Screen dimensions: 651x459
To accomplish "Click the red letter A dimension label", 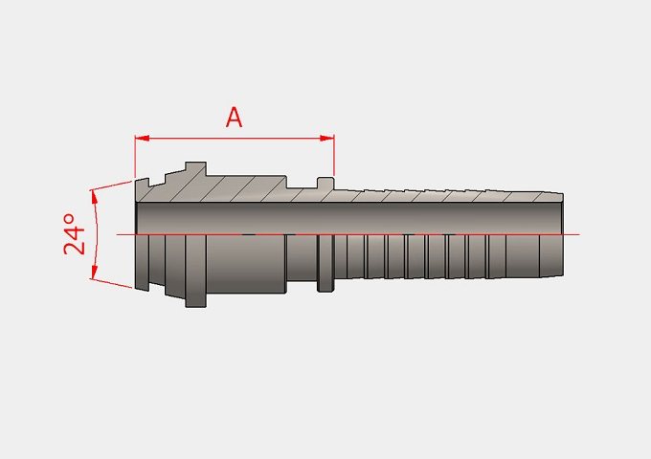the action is (x=234, y=118).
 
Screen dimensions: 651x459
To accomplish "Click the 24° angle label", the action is (x=75, y=234).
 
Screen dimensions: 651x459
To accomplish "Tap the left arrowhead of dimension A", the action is (x=142, y=138).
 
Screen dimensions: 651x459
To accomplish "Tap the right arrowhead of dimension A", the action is (x=327, y=138).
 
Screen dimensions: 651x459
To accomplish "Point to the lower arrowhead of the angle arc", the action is (x=94, y=272).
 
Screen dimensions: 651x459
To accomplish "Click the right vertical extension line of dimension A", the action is (x=334, y=155).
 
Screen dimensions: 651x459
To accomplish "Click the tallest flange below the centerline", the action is (x=195, y=272).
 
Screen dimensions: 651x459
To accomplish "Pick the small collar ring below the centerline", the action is (x=325, y=263).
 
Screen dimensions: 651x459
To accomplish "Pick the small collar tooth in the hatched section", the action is (x=325, y=184).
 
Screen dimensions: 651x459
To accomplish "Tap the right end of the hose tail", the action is (x=563, y=234).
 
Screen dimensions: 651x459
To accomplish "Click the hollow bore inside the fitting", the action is (x=349, y=218).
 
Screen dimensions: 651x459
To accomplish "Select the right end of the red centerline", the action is (x=579, y=234).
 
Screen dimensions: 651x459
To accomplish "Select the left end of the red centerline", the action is (x=117, y=234).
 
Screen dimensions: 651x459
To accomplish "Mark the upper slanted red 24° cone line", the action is (x=111, y=186).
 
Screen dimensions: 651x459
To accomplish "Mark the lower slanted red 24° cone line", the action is (x=111, y=283).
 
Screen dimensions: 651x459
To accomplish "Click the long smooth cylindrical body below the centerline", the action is (x=246, y=264).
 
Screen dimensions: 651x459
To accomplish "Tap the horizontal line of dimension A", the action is (x=235, y=138).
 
